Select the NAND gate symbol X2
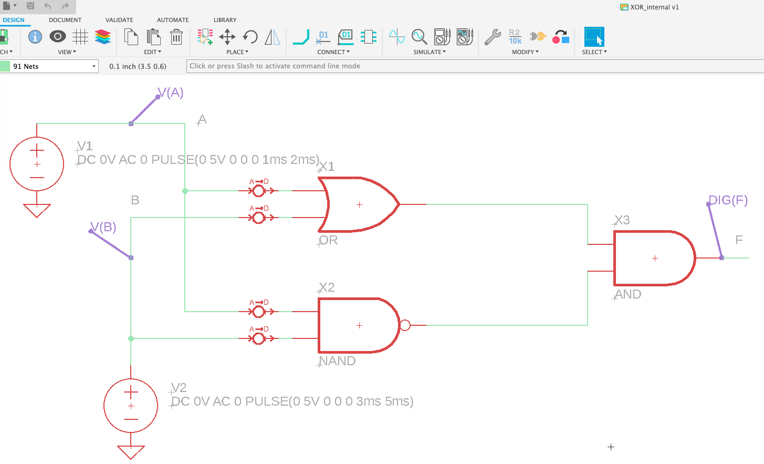click(x=357, y=326)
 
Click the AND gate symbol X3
click(x=654, y=258)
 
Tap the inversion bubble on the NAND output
click(x=405, y=325)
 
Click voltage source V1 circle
click(x=37, y=163)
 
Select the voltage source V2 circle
click(x=131, y=405)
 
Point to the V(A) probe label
click(x=171, y=93)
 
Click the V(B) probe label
click(x=103, y=227)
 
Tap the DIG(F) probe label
click(x=728, y=200)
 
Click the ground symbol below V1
click(x=37, y=210)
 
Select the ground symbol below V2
click(x=131, y=451)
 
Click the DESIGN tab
click(x=14, y=20)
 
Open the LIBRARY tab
click(x=225, y=20)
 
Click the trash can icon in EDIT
click(x=176, y=37)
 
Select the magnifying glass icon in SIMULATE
click(x=419, y=37)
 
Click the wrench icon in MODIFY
click(x=492, y=37)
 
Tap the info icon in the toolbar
click(x=35, y=37)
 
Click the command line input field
click(x=473, y=66)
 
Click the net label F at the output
click(x=739, y=240)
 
